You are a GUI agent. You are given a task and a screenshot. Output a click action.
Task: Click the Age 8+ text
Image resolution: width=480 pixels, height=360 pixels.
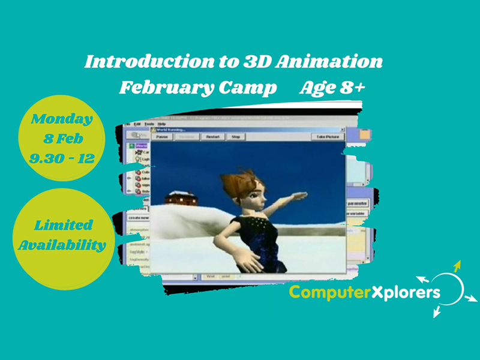pyautogui.click(x=332, y=88)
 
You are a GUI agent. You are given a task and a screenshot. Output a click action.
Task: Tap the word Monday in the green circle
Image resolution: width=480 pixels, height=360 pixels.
pyautogui.click(x=62, y=119)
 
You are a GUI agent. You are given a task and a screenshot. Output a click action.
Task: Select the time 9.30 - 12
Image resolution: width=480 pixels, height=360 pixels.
pyautogui.click(x=62, y=158)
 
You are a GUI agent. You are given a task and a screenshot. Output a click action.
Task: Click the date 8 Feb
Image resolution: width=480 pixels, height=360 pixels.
pyautogui.click(x=62, y=139)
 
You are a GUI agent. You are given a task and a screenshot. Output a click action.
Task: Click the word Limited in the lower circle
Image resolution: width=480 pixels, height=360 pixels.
pyautogui.click(x=63, y=225)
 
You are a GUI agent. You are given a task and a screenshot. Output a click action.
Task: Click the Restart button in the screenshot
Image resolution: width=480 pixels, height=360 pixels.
pyautogui.click(x=213, y=137)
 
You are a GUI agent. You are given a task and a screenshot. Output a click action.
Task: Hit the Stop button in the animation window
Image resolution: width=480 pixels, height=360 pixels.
pyautogui.click(x=236, y=137)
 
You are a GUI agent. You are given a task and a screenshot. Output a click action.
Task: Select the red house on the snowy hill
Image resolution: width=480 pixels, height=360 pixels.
pyautogui.click(x=181, y=197)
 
